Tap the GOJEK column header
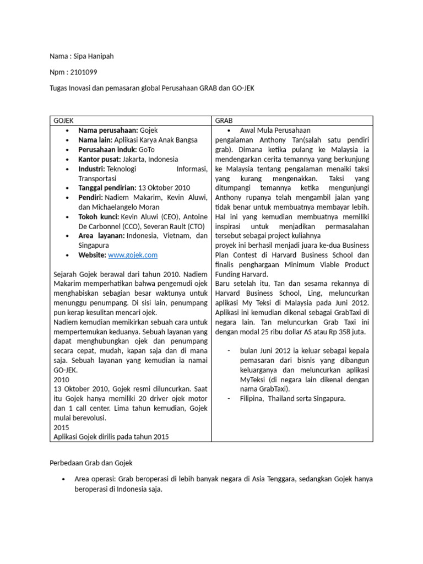pos(63,120)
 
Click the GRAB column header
pos(224,120)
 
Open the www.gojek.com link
pos(133,255)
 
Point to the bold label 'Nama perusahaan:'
pos(108,131)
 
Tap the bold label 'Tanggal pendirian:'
pos(107,188)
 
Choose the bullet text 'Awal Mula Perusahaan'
pos(275,131)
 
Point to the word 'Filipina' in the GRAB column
pos(252,399)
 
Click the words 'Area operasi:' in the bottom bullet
pos(95,479)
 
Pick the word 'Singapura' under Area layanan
pos(94,245)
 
